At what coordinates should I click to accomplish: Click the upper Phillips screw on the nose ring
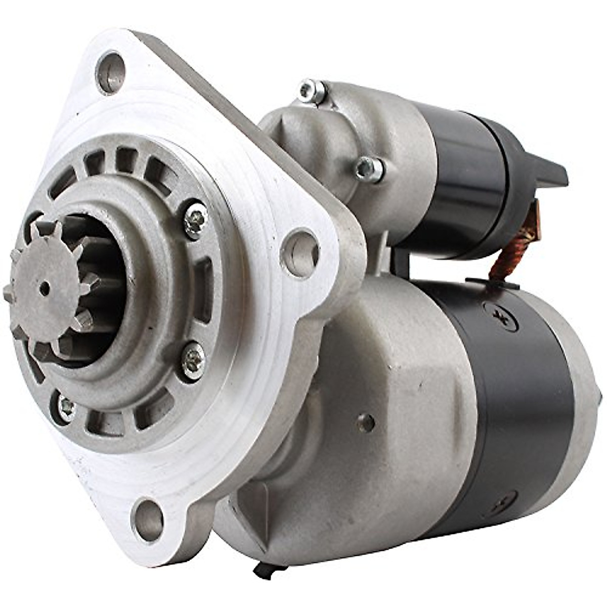click(195, 221)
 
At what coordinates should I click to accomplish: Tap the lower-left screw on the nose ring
click(66, 406)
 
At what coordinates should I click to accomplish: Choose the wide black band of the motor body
click(511, 405)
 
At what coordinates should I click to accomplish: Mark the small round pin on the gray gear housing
click(365, 421)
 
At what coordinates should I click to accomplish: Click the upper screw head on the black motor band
click(500, 316)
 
